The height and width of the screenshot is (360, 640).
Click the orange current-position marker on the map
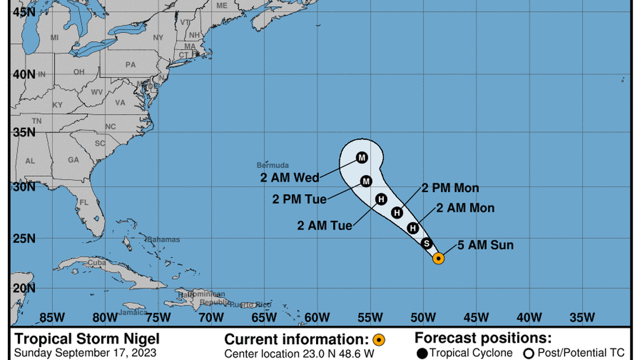[x=438, y=258]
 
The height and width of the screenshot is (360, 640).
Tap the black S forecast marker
[x=426, y=244]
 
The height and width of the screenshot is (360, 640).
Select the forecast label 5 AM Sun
[x=486, y=245]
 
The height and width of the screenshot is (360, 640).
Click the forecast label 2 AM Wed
[x=290, y=178]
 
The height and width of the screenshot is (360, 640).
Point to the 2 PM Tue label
[x=299, y=199]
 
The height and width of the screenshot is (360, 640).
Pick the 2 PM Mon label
[x=450, y=188]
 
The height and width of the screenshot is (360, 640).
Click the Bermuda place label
[x=273, y=165]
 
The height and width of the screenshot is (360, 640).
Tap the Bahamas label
[x=164, y=239]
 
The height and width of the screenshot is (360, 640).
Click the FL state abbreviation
[x=84, y=202]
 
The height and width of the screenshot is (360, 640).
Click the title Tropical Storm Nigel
[x=87, y=339]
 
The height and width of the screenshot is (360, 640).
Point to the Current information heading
[x=297, y=339]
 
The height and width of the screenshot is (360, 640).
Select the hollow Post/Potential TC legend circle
[x=528, y=353]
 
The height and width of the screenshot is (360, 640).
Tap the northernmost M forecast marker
[x=362, y=157]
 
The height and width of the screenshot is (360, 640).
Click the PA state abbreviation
[x=131, y=65]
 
